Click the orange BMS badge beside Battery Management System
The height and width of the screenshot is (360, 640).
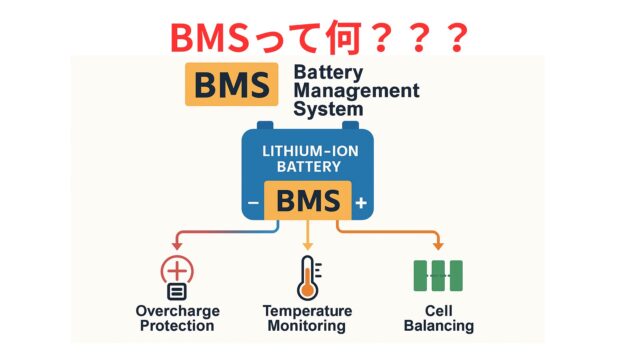click(232, 85)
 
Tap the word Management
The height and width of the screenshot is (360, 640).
click(355, 90)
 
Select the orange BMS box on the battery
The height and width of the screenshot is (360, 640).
click(307, 201)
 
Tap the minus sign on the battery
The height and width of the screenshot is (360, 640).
click(253, 204)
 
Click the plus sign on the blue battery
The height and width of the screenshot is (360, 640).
click(361, 204)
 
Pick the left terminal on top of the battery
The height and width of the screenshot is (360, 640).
click(265, 128)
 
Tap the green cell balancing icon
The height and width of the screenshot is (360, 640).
click(437, 275)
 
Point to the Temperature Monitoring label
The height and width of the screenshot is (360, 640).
click(306, 318)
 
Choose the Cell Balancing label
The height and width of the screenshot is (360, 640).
click(438, 318)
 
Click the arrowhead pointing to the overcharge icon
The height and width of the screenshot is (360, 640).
click(176, 243)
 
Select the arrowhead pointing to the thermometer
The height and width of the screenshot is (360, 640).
click(306, 243)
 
